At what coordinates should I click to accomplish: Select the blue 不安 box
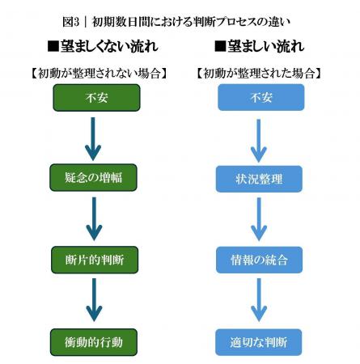pos(260,98)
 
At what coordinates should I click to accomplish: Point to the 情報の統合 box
pos(260,260)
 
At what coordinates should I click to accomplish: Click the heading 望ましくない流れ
pos(106,44)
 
